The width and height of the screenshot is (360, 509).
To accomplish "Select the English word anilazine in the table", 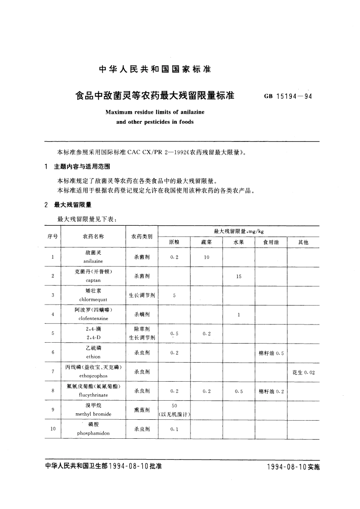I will click(x=93, y=262).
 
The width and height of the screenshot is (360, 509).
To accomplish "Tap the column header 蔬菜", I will click(x=206, y=242).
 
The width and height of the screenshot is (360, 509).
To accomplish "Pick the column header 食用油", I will click(x=271, y=242).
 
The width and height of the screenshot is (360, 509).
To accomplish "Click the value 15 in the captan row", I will click(x=238, y=276).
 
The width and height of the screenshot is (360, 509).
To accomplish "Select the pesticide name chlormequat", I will click(x=93, y=300).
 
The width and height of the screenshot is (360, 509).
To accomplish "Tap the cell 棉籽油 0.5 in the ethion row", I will click(x=271, y=353).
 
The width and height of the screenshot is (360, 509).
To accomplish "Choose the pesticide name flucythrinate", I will click(x=93, y=395).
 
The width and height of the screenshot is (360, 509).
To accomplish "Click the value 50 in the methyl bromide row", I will click(x=174, y=406).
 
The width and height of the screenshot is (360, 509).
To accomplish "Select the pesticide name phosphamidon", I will click(x=93, y=433).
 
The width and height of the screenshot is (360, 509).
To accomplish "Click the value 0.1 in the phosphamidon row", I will click(x=174, y=429).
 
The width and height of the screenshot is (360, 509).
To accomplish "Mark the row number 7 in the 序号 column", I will click(x=53, y=372).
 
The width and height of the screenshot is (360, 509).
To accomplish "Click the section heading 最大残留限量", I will click(x=73, y=205).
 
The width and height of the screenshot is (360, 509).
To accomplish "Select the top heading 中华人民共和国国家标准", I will click(x=155, y=70).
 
